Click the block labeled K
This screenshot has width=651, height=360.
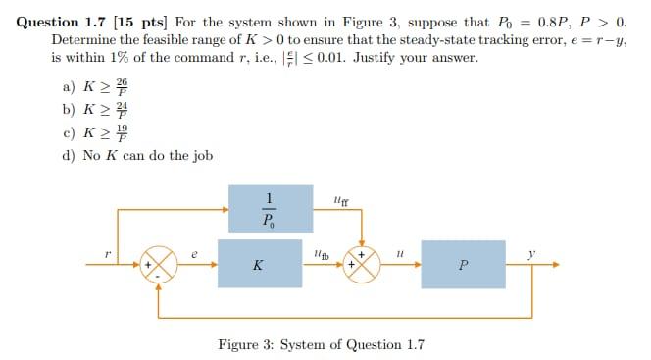257,264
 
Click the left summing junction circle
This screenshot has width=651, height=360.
161,264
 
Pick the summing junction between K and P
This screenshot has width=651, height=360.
363,264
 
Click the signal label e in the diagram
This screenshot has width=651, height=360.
197,253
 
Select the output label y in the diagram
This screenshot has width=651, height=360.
533,253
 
